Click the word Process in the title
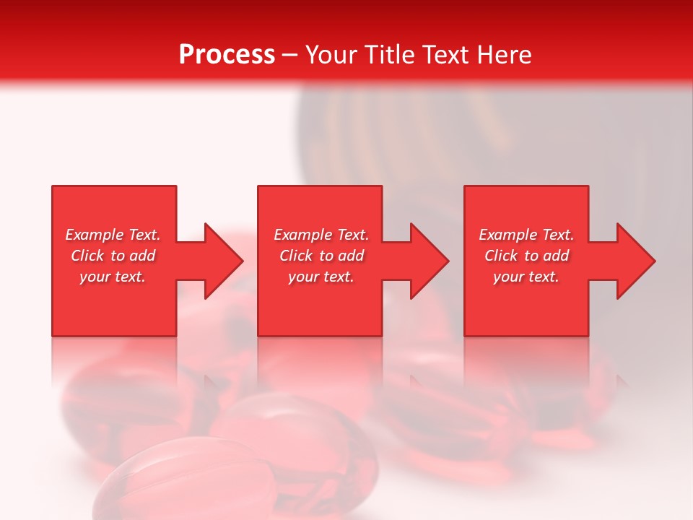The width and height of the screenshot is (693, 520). point(227,55)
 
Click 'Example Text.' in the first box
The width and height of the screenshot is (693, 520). point(113,235)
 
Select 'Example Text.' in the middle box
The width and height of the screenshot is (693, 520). point(321,235)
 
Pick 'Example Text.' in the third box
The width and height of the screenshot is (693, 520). point(526,235)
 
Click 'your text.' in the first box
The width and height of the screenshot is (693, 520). point(113,277)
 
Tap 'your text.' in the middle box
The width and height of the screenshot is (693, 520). point(321,277)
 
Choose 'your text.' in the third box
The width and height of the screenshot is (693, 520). point(526,277)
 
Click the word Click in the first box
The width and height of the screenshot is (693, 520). point(88,256)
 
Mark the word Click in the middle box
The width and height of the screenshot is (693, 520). point(297,256)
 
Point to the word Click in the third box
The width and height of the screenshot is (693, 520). point(502,256)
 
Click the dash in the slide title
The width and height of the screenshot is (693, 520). point(289,56)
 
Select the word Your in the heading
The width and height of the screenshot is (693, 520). point(333,55)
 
